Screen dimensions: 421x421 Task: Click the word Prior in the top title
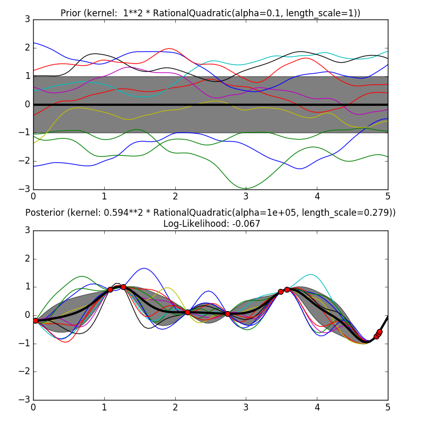pos(70,13)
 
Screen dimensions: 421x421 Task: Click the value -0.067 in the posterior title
pos(248,224)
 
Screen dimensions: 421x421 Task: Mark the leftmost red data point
pos(35,320)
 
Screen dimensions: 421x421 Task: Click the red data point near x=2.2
pos(187,312)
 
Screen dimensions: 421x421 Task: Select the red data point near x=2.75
pos(227,314)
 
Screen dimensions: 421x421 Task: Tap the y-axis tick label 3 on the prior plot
pos(26,19)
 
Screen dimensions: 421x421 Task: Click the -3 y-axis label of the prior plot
pos(23,189)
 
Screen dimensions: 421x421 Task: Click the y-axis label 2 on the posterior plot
pos(26,258)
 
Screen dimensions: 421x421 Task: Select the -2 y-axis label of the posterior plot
pos(23,372)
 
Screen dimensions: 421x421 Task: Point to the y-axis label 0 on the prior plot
pos(26,104)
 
